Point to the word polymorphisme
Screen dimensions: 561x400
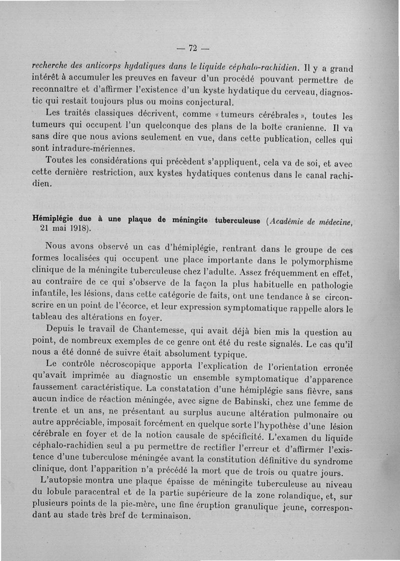321,262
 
